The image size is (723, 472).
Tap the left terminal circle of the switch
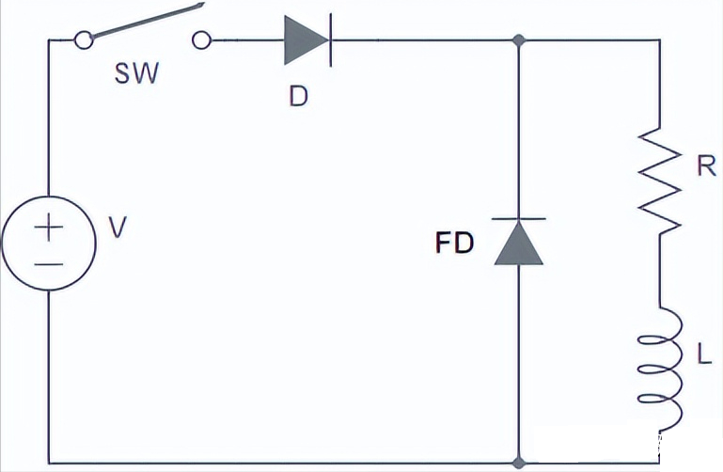point(84,40)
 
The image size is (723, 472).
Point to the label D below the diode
point(298,97)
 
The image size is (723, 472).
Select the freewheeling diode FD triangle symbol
point(519,242)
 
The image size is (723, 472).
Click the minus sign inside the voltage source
point(48,263)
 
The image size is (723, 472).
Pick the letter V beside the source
point(116,228)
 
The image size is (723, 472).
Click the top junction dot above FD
point(519,41)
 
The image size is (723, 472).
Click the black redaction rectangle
point(621,448)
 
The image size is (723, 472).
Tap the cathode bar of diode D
point(330,41)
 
